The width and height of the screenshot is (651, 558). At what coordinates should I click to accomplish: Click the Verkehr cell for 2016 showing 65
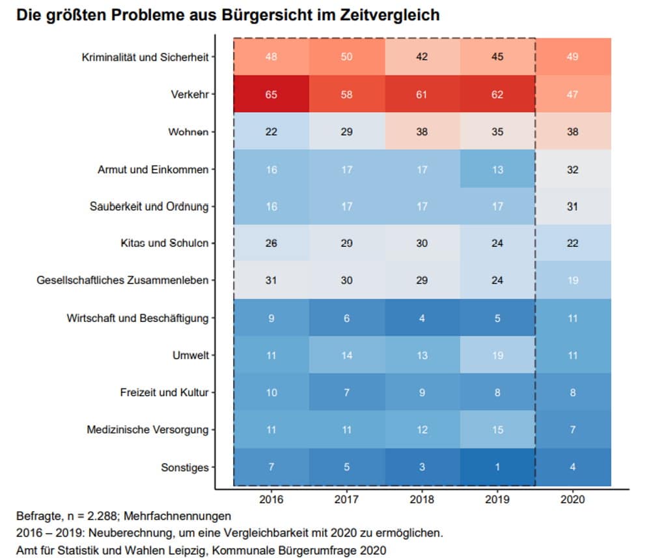coord(271,94)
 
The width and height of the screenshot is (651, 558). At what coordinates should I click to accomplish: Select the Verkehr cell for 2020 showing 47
coord(573,94)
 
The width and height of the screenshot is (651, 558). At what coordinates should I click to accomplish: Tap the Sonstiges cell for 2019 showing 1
coord(497,467)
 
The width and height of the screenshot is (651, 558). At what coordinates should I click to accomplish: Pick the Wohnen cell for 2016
coord(271,132)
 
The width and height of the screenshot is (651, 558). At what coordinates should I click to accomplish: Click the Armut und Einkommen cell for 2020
coord(573,169)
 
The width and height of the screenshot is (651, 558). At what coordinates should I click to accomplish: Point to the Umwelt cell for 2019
coord(497,355)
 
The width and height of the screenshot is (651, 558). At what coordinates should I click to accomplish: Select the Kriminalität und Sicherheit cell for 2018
coord(422,57)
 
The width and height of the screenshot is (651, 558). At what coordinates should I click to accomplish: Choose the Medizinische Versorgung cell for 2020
coord(573,430)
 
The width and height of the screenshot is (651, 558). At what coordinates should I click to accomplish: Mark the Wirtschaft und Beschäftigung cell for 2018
coord(422,318)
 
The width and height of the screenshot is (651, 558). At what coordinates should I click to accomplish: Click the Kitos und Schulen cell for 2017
coord(346,243)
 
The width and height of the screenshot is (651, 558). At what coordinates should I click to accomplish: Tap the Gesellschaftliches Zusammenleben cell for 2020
coord(573,280)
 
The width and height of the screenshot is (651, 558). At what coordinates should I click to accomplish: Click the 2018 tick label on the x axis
coord(422,499)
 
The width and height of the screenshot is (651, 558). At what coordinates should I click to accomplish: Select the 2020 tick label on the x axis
coord(573,499)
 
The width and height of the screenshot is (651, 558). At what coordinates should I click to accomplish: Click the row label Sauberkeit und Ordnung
coord(149,207)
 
